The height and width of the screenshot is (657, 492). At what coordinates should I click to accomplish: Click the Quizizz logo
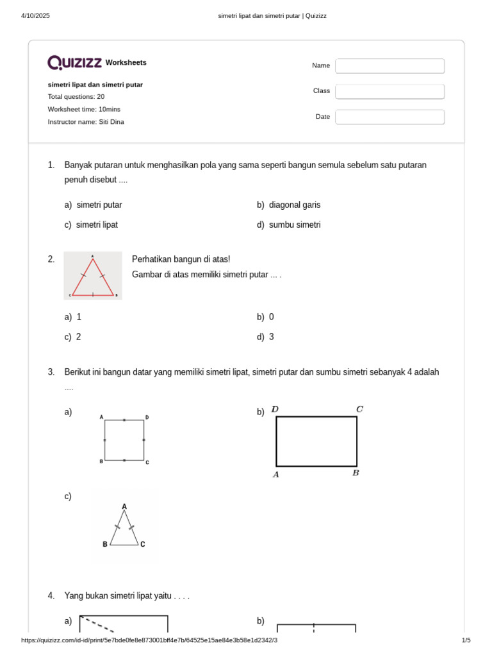point(74,62)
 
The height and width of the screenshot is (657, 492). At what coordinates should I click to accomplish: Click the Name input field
point(389,66)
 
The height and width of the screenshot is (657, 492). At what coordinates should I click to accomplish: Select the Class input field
point(389,91)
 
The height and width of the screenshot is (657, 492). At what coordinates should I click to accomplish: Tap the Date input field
point(389,117)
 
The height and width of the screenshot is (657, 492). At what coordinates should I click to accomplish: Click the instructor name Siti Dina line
point(86,122)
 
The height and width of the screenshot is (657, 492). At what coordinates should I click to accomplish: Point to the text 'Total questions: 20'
point(76,97)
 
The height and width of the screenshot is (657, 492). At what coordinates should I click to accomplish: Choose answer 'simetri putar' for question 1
point(99,205)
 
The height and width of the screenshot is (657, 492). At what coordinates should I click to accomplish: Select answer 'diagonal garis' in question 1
point(294,205)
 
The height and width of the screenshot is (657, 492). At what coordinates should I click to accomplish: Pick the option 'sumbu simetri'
point(294,225)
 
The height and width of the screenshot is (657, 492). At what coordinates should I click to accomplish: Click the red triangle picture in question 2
point(93,276)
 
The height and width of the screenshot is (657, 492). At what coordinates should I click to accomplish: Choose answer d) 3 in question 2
point(271,337)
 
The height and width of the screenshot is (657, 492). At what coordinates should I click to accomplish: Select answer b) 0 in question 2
point(271,318)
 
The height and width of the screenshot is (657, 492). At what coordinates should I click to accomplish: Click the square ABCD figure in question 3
point(124,440)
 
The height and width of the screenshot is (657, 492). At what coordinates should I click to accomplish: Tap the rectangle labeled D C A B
point(316,441)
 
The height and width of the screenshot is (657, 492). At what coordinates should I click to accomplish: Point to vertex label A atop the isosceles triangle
point(124,507)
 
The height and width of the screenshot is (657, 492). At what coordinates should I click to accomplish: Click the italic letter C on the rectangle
point(359,409)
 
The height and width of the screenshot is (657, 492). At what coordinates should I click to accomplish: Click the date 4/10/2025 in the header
point(35,15)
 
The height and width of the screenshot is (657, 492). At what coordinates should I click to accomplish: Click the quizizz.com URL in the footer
point(149,640)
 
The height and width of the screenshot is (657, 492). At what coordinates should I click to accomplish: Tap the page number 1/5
point(466,640)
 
